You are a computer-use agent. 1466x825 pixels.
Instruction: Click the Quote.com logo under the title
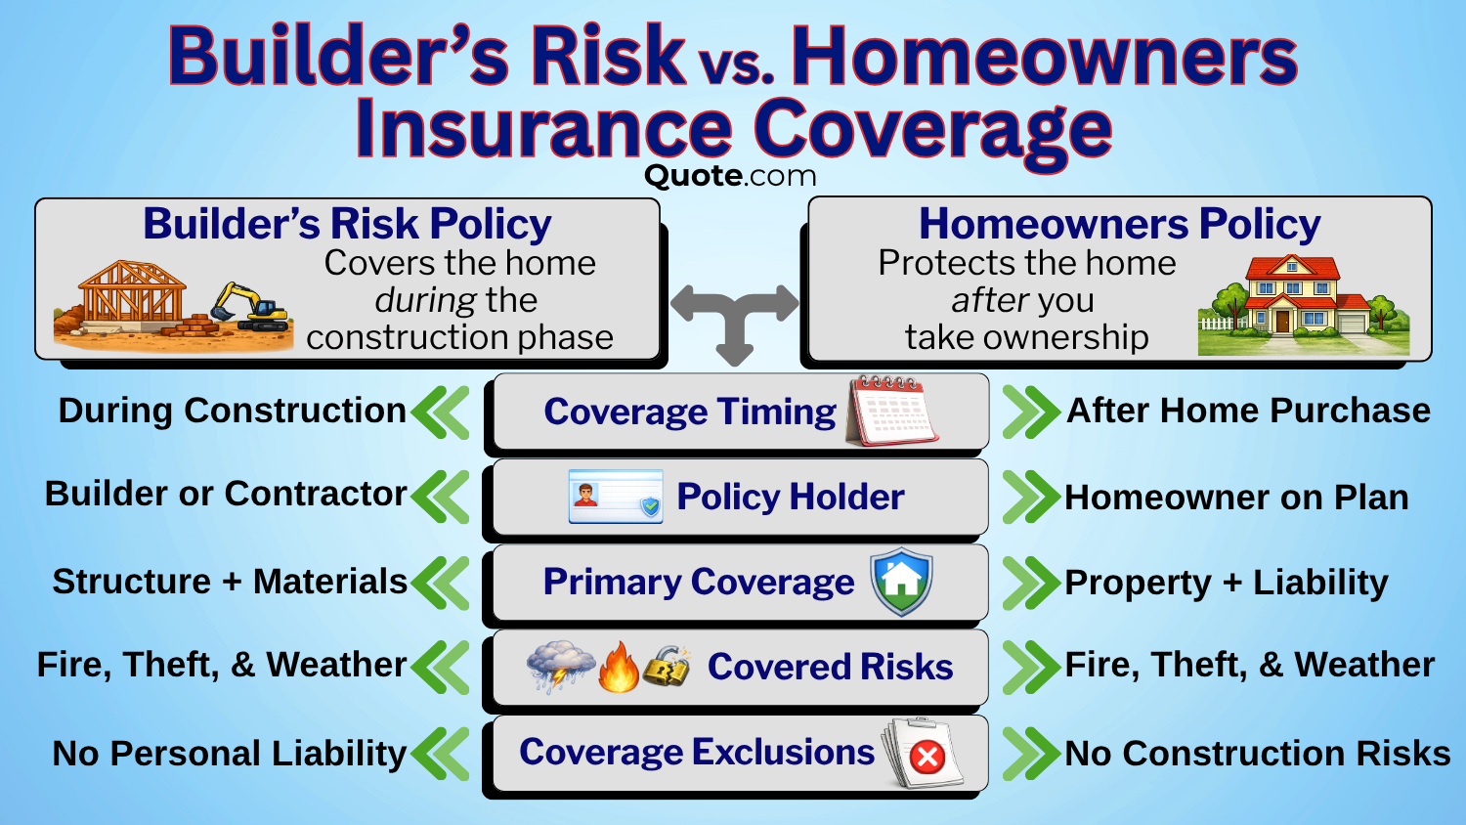[730, 176]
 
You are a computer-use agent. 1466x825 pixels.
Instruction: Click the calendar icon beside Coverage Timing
[892, 411]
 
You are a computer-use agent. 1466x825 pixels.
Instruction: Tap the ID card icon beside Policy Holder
[616, 497]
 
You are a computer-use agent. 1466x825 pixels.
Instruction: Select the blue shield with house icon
[901, 581]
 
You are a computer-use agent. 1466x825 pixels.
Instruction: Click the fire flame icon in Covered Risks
[618, 668]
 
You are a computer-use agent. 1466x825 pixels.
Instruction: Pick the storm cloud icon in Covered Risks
[560, 666]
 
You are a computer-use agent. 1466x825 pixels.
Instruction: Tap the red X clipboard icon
[923, 753]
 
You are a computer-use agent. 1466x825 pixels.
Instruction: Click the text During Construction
[232, 411]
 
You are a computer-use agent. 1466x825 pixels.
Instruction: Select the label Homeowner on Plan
[1236, 498]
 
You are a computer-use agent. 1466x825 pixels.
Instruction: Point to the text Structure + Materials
[230, 582]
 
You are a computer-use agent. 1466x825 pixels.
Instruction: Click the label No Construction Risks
[1257, 754]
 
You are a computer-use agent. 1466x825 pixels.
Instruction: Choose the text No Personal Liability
[229, 754]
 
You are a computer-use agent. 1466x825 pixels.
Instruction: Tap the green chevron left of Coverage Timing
[442, 412]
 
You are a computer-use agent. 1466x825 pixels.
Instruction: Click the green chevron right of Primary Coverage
[1030, 583]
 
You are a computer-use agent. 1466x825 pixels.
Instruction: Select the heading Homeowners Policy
[1119, 224]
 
